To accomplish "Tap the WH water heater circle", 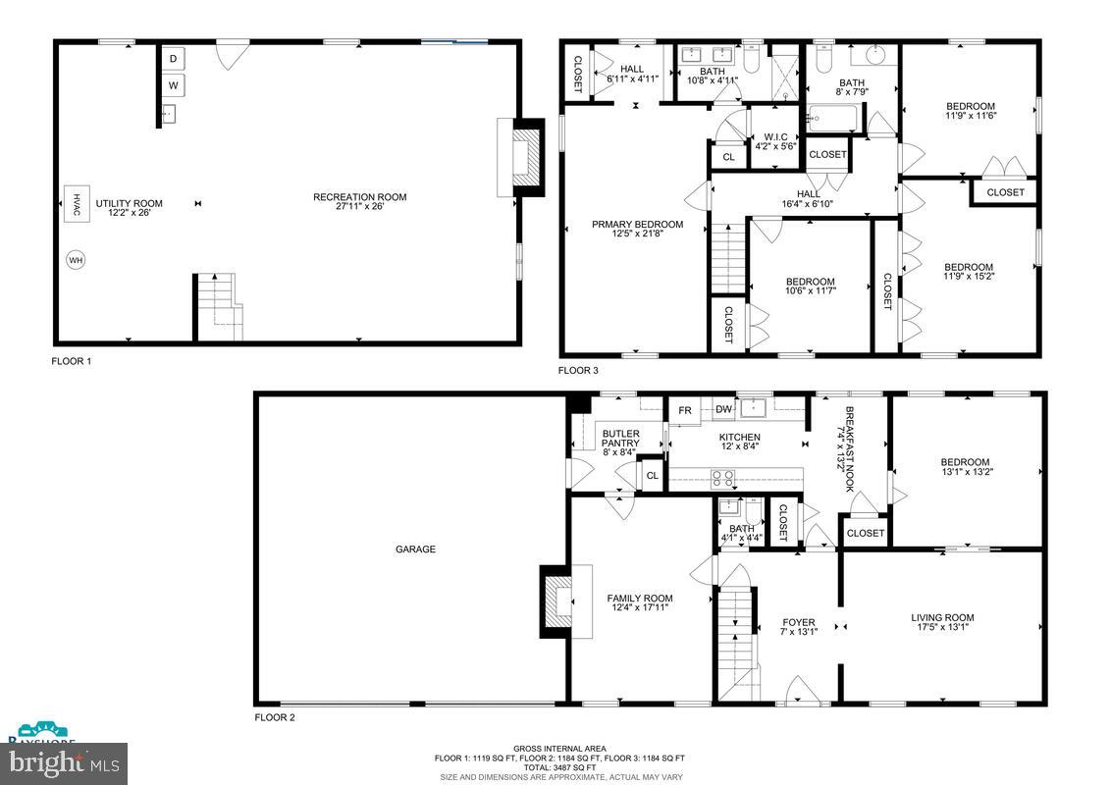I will coord(76,260).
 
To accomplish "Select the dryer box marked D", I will coord(173,59).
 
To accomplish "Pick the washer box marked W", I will coord(173,86).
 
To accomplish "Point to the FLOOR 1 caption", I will coord(72,361).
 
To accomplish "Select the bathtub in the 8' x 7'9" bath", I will coord(832,120).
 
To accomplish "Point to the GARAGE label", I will coord(415,549).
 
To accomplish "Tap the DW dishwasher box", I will coord(723,409).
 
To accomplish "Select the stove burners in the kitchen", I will coord(723,479).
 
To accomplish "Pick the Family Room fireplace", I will coord(558,602).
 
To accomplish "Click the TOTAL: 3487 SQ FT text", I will coord(559,767).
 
